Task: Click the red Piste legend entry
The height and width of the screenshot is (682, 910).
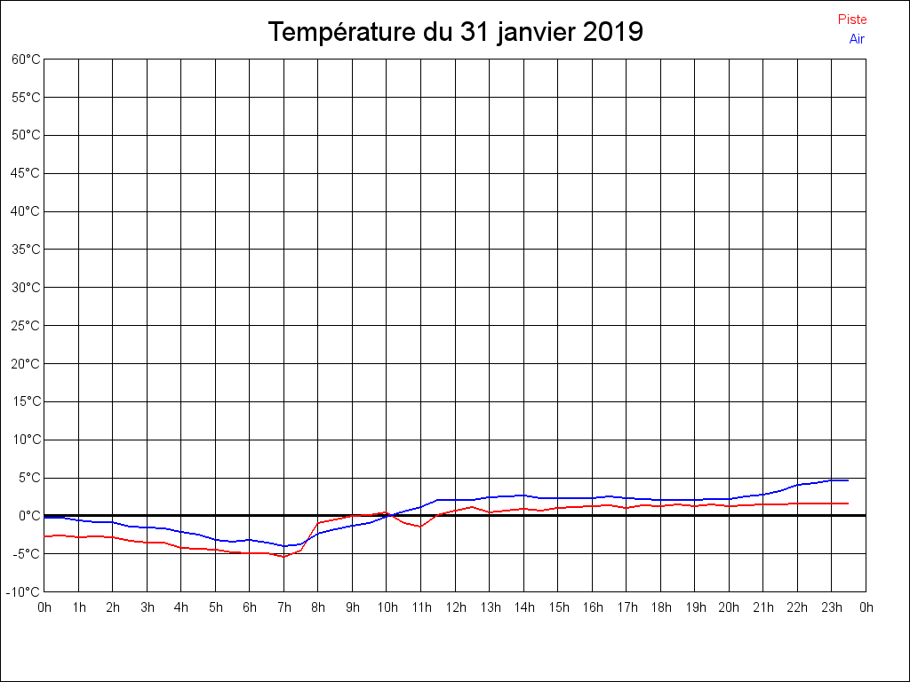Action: tap(851, 20)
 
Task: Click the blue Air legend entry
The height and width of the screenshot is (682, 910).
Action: tap(857, 39)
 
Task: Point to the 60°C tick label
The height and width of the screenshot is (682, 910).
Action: tap(26, 59)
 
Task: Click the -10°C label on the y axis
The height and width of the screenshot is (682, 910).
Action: tap(24, 592)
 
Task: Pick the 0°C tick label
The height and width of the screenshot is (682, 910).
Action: tap(28, 516)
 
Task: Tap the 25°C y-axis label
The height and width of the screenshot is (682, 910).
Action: tap(26, 326)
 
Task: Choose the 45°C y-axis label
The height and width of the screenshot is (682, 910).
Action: tap(26, 173)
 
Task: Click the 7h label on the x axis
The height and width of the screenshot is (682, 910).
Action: tap(283, 607)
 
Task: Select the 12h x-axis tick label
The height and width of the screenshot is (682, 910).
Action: tap(455, 607)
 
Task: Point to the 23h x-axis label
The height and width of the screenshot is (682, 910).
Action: tap(832, 607)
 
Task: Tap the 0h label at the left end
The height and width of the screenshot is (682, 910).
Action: tap(44, 607)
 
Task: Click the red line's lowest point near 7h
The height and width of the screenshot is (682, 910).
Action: tap(283, 556)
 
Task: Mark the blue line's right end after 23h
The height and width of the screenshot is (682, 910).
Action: tap(848, 480)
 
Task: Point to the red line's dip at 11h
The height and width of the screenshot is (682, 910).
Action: tap(420, 527)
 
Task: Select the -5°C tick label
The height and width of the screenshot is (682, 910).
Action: tap(26, 554)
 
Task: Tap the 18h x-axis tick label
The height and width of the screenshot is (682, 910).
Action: tap(660, 607)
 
